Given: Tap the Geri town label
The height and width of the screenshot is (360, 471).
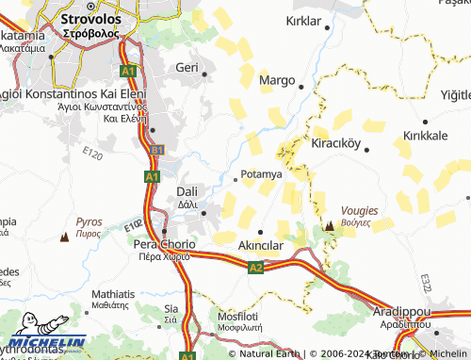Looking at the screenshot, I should tap(187, 68).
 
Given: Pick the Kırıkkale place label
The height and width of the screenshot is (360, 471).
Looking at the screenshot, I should tap(425, 136).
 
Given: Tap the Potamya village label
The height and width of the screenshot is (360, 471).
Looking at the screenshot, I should tap(262, 174).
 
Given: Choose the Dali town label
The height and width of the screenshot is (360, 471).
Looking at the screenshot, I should tap(187, 192).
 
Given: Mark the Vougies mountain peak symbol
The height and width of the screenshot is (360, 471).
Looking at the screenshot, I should tap(330, 226).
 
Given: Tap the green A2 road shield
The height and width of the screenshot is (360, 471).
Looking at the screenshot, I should tap(255, 269).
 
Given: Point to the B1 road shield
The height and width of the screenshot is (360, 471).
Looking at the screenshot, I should tap(157, 150).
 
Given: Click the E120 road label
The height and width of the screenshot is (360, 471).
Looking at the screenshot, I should tap(92, 152).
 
